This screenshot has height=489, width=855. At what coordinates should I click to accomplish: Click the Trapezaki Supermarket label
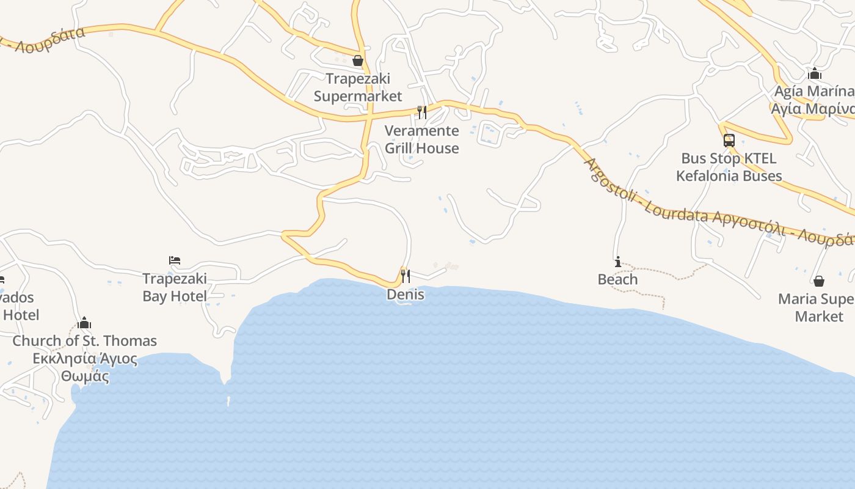coord(358,87)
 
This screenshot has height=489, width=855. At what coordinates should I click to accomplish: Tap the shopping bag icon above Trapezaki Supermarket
coord(358,61)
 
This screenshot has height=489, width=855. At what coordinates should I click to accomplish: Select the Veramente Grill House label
coord(421,139)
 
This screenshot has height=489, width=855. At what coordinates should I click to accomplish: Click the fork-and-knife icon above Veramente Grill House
coord(421,112)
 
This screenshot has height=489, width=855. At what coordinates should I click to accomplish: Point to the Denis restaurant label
coord(405,295)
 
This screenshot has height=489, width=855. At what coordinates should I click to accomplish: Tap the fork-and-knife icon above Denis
coord(405,276)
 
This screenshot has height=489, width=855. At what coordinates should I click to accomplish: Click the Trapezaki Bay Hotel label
coord(175,287)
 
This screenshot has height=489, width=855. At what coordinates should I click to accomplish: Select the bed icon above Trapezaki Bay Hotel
coord(175,260)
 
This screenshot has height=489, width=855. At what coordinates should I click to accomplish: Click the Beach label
coord(617,279)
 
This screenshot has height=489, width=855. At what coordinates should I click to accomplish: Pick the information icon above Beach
coord(618,262)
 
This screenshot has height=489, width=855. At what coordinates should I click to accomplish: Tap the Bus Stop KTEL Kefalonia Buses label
coord(729,167)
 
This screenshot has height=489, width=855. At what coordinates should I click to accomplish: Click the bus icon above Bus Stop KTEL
coord(729,140)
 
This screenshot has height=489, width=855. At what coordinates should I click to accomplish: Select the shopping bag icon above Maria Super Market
coord(818,281)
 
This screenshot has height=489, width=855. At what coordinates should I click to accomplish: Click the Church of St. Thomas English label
coord(84,340)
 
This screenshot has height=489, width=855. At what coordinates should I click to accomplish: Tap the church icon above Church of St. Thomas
coord(84,322)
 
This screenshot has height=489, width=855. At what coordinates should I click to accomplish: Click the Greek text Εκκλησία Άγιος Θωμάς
coord(85,367)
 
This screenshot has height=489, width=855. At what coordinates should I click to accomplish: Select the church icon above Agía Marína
coord(814,74)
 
